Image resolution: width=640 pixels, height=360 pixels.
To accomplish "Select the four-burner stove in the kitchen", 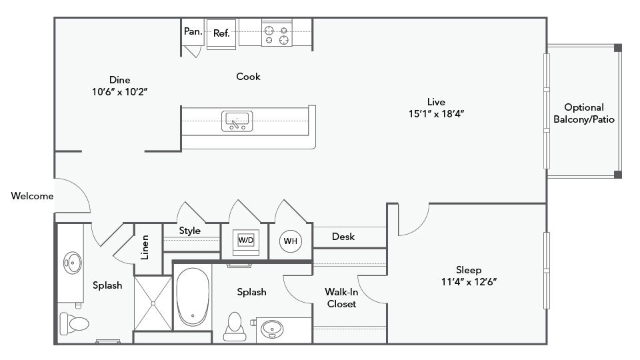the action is tap(277, 35).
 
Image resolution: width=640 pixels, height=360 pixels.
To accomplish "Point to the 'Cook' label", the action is tap(248, 77).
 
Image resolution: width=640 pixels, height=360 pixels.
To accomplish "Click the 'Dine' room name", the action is tap(120, 80).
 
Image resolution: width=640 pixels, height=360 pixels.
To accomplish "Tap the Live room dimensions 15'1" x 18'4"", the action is tap(436, 114).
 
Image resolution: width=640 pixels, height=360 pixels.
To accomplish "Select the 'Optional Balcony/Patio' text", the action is tap(584, 113).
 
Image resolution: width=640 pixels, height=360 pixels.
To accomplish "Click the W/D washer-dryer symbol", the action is tap(246, 239).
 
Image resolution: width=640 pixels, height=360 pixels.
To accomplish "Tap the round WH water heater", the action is tap(291, 241).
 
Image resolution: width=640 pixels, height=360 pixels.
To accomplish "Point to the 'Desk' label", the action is tap(343, 237).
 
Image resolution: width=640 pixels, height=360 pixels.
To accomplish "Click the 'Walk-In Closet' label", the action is tap(341, 298).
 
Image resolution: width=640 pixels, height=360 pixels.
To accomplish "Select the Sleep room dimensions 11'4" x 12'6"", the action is tap(469, 282).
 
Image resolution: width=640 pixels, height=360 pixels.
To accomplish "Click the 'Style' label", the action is tap(190, 231).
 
